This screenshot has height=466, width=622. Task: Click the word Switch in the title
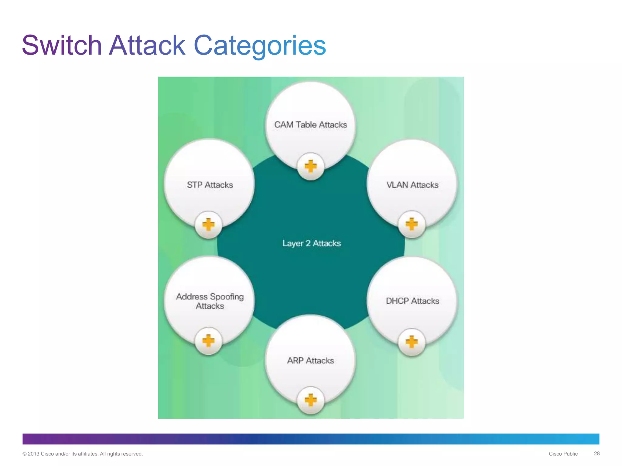coord(62,46)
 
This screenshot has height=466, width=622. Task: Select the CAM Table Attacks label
coord(310,125)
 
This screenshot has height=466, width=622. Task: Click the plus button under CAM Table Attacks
coord(310,167)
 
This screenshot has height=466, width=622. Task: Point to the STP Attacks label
coord(210,185)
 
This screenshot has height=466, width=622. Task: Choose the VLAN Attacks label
coord(412,185)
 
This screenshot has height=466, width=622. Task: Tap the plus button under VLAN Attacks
coord(412,224)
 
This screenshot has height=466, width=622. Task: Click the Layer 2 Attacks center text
coord(311,243)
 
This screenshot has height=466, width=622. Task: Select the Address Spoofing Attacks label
coord(210,301)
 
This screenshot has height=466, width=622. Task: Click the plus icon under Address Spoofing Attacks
coord(209,341)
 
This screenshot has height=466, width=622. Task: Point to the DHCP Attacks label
coord(412,301)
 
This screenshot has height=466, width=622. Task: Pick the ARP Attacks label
coord(310,360)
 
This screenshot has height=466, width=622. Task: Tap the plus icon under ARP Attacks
coord(310,400)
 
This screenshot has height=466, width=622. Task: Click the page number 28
coord(596,454)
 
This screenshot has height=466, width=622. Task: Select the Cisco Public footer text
coord(563,454)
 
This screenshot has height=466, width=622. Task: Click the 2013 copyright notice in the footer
coord(82,454)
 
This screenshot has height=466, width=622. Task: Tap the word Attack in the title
coord(147,46)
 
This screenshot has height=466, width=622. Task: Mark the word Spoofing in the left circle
coord(227,297)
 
